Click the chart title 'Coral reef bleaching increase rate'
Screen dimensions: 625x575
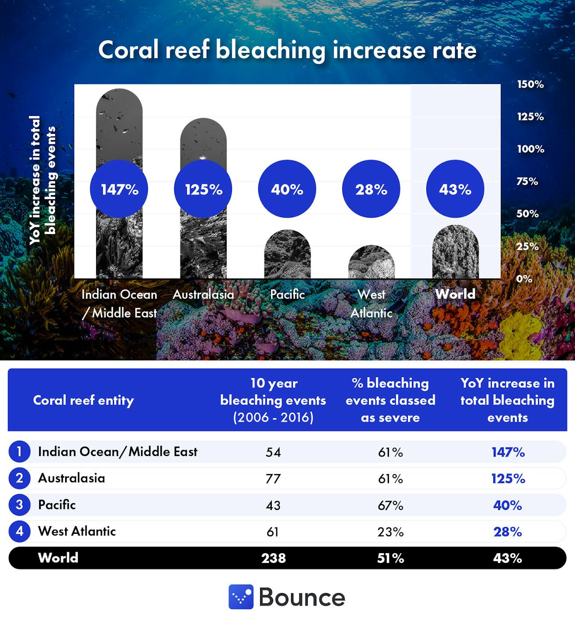[x=287, y=49]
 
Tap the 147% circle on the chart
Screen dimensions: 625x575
[x=119, y=189]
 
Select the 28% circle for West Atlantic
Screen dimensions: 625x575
[x=371, y=189]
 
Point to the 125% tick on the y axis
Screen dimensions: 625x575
[x=530, y=117]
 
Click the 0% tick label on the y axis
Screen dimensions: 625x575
[x=524, y=279]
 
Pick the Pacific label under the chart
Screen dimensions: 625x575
[x=287, y=294]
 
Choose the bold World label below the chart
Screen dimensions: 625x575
[x=455, y=294]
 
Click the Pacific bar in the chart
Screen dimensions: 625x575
[x=287, y=256]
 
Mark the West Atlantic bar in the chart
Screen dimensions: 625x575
[x=372, y=263]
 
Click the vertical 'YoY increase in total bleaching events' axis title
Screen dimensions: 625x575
[x=43, y=180]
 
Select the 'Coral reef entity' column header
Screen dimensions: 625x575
[x=84, y=400]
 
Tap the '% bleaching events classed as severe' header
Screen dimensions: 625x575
[x=390, y=400]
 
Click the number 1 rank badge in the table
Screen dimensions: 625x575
[x=19, y=452]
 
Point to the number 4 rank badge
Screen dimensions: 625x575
[x=19, y=532]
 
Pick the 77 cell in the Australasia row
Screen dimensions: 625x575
[x=273, y=479]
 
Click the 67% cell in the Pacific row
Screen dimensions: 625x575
[x=390, y=505]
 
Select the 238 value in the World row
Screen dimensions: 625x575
[x=274, y=558]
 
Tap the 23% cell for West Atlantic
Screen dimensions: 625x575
[x=390, y=532]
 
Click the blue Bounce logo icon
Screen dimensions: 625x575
[x=241, y=597]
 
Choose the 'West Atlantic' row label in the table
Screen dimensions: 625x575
[x=77, y=531]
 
